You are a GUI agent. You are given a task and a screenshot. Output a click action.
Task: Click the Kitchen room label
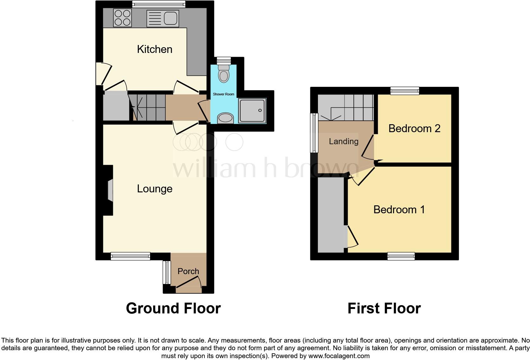coord(155,49)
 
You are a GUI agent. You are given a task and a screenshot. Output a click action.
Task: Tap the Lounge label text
coord(155,189)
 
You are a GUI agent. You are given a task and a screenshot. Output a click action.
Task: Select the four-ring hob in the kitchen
coord(122,17)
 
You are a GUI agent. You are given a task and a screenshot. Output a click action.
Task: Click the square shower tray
coord(252,111)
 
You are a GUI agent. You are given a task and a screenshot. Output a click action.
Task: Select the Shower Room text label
coord(223,94)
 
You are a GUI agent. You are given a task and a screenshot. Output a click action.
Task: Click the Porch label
coord(188,271)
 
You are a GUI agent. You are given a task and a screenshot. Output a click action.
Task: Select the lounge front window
coord(130,256)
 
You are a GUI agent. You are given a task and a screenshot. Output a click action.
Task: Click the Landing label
coord(344,141)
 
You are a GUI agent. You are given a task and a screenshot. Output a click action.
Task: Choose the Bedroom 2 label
coord(414,128)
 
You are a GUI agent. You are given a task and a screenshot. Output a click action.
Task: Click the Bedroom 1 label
coord(399,209)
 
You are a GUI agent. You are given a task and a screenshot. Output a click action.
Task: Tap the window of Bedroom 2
coord(405,91)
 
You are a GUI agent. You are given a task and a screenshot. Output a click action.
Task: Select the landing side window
coord(314,133)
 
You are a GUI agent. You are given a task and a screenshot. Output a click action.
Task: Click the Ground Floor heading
coord(173,308)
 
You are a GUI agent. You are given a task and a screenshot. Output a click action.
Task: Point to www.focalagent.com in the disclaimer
coord(339,356)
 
